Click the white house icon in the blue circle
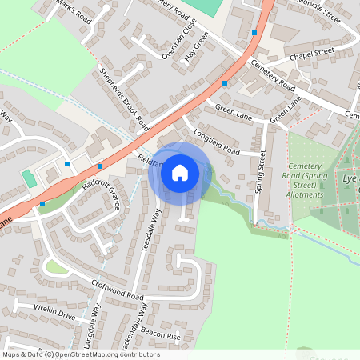point(180,171)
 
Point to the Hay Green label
point(195,47)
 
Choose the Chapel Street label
point(311,52)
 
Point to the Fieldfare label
point(150,162)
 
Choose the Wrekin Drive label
point(54,312)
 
